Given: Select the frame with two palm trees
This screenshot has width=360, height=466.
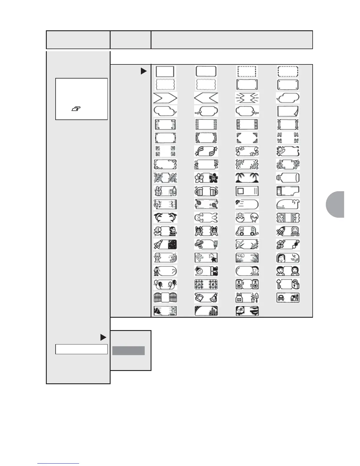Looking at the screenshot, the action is [x=247, y=178].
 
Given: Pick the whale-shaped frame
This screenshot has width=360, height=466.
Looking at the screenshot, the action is [x=288, y=204].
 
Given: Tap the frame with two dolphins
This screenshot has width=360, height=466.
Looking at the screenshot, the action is [x=165, y=218].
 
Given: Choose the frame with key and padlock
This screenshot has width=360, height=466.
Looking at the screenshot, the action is [x=288, y=284].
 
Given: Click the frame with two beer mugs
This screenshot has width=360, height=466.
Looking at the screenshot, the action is [x=206, y=191].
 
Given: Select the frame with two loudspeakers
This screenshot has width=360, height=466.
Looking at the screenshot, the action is [x=247, y=284].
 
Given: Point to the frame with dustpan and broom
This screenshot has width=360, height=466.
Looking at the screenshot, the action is [x=206, y=298].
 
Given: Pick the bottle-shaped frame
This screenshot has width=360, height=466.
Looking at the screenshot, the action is [x=288, y=178].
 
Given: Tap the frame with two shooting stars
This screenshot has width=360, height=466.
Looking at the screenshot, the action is [x=206, y=151].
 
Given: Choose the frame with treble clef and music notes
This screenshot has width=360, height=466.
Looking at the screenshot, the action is [x=165, y=204].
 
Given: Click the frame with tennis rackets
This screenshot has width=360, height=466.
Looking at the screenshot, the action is [x=206, y=204].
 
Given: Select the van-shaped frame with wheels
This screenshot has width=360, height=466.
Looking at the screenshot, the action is [x=247, y=231].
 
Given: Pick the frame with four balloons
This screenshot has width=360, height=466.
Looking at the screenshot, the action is [x=165, y=284].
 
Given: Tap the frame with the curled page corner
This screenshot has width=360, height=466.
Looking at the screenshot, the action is [x=288, y=111].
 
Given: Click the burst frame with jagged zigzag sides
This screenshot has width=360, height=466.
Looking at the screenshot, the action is [x=247, y=98].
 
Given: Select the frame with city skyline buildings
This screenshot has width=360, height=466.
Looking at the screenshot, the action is [x=206, y=311].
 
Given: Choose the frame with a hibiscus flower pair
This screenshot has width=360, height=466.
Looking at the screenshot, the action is [x=206, y=178].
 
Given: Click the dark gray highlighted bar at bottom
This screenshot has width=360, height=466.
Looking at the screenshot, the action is [x=129, y=351].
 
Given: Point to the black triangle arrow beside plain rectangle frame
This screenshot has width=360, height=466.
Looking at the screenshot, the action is [x=144, y=71].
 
